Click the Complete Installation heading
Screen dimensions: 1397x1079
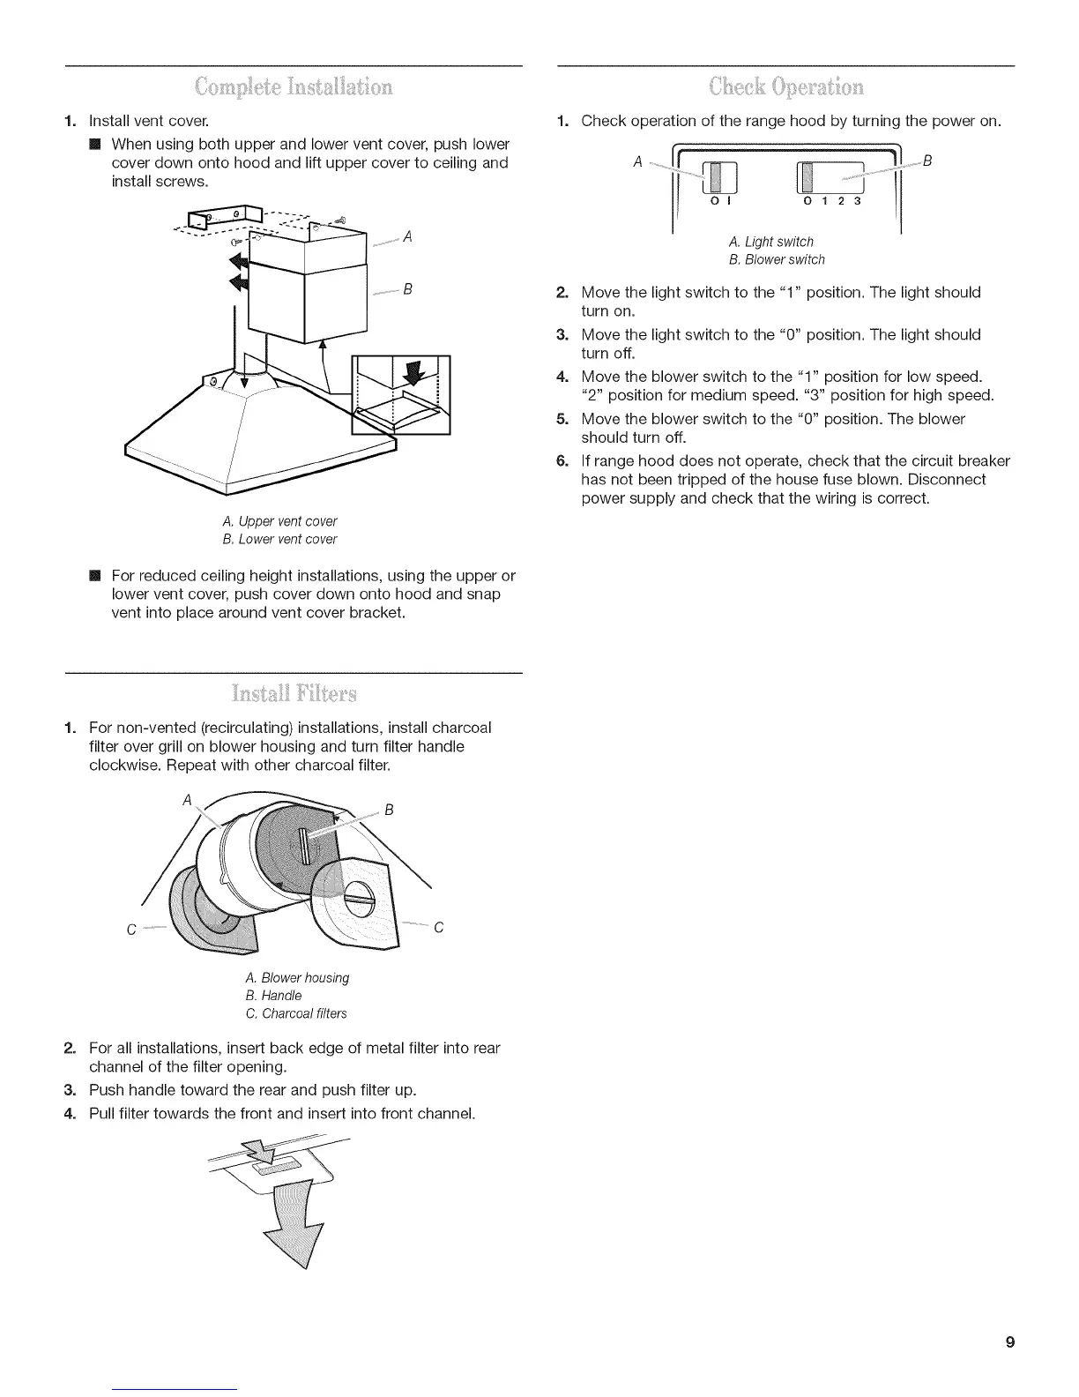pos(294,86)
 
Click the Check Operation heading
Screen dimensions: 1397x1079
pos(786,86)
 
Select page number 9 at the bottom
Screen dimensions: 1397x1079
pos(1009,1343)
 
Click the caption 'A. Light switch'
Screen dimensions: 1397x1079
pos(771,242)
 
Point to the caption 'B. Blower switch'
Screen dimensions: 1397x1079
pos(777,259)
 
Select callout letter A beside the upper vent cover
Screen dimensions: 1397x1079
pos(407,236)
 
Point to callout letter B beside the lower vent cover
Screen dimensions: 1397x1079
pos(407,289)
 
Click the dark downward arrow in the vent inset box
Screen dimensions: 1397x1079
pos(411,373)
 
